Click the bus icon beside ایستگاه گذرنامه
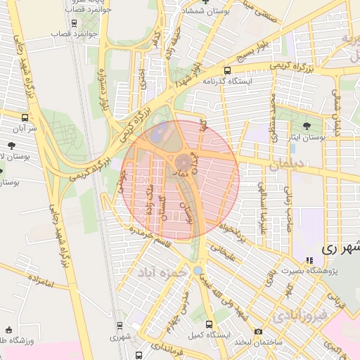(x=226, y=70)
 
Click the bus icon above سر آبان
(x=25, y=117)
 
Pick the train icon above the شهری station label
(x=119, y=326)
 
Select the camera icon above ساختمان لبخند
(x=258, y=331)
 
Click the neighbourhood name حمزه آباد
(x=163, y=271)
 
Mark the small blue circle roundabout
(x=198, y=269)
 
